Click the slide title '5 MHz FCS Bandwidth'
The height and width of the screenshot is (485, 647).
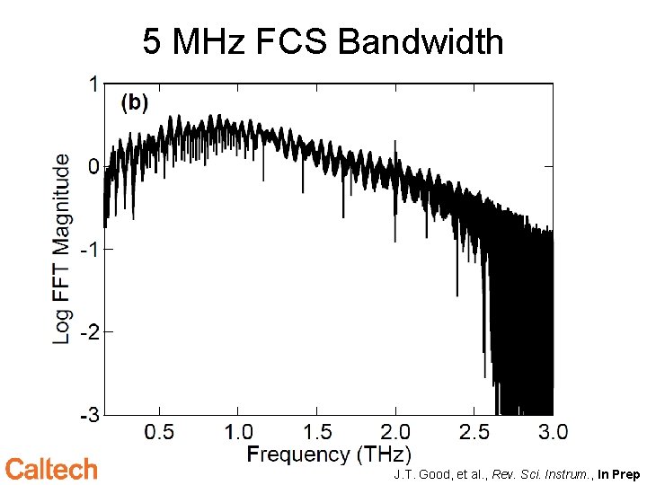[x=323, y=41]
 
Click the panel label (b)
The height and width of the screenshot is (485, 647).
[x=134, y=103]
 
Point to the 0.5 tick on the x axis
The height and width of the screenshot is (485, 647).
[x=159, y=432]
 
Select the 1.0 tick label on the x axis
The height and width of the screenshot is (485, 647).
[x=238, y=432]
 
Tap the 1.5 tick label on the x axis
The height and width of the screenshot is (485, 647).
[x=316, y=432]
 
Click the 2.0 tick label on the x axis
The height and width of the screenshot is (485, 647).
[x=395, y=432]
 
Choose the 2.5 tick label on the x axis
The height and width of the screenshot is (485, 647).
[x=474, y=432]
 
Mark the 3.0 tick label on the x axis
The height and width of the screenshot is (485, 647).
[x=552, y=432]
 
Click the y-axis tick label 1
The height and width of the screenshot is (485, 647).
[x=93, y=84]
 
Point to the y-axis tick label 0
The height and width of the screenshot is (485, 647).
[x=93, y=166]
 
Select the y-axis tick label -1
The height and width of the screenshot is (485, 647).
[x=89, y=249]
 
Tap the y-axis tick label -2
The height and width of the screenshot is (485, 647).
[x=89, y=331]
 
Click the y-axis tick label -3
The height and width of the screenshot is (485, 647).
[x=89, y=415]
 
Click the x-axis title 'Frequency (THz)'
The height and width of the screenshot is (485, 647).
[x=329, y=454]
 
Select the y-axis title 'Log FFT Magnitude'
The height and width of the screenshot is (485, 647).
[x=61, y=249]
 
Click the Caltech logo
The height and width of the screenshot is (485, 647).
[x=51, y=469]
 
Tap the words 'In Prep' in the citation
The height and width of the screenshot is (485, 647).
[x=618, y=473]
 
